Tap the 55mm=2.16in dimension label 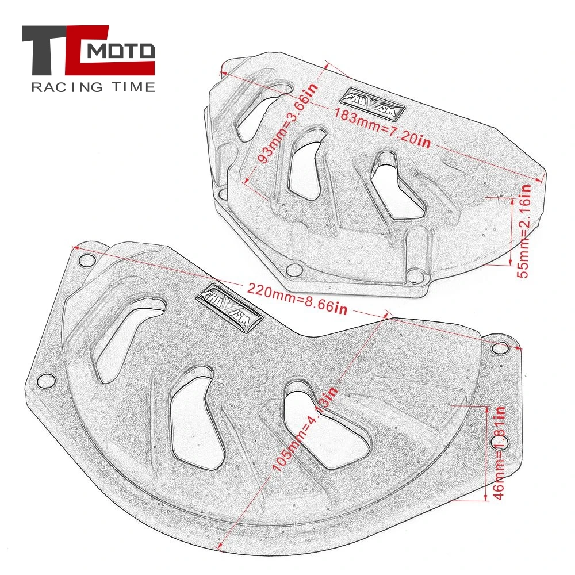tap(524, 229)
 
